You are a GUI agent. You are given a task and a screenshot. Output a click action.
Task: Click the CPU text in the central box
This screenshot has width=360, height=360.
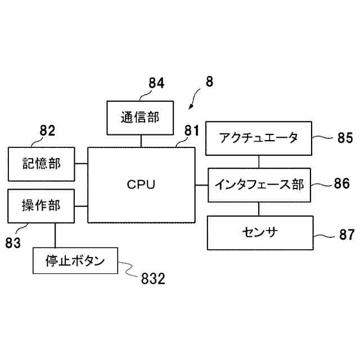click(x=141, y=184)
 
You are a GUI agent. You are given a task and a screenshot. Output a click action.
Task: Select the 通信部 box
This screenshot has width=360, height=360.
click(x=140, y=118)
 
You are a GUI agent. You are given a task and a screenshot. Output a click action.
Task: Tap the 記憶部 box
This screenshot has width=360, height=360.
click(x=41, y=164)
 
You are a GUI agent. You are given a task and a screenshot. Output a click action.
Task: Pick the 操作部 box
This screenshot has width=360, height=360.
click(x=41, y=206)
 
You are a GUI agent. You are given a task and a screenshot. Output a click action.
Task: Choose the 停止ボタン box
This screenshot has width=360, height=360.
click(x=75, y=260)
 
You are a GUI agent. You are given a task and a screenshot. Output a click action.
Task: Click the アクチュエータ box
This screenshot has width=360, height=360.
click(x=259, y=138)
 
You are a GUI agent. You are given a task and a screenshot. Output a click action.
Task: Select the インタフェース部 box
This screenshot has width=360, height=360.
click(x=259, y=185)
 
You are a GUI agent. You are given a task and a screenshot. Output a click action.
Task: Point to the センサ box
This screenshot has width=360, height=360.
click(x=260, y=233)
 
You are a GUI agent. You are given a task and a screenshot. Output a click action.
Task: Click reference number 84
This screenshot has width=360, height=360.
click(x=156, y=83)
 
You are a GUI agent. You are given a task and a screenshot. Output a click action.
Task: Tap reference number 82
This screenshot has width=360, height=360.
click(x=47, y=130)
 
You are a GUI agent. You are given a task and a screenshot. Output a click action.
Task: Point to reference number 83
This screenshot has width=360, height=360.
click(x=13, y=242)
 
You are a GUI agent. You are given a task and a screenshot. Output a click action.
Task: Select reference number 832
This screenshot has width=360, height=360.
click(x=153, y=279)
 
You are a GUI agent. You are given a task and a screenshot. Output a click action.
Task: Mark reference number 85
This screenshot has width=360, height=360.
click(x=345, y=138)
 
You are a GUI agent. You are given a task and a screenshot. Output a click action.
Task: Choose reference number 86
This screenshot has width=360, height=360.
click(x=342, y=183)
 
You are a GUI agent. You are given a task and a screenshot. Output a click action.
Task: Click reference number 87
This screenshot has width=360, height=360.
click(x=347, y=235)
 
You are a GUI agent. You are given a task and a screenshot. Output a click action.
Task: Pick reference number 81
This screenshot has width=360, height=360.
click(x=192, y=130)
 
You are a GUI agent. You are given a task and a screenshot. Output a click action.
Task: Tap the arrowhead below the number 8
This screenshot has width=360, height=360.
click(x=190, y=107)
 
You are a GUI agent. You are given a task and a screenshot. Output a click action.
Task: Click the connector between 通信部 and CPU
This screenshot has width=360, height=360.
click(x=141, y=141)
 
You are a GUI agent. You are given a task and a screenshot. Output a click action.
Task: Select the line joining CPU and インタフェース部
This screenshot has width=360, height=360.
click(x=201, y=185)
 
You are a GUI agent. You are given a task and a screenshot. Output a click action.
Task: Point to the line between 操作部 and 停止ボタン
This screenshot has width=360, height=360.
click(x=55, y=235)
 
